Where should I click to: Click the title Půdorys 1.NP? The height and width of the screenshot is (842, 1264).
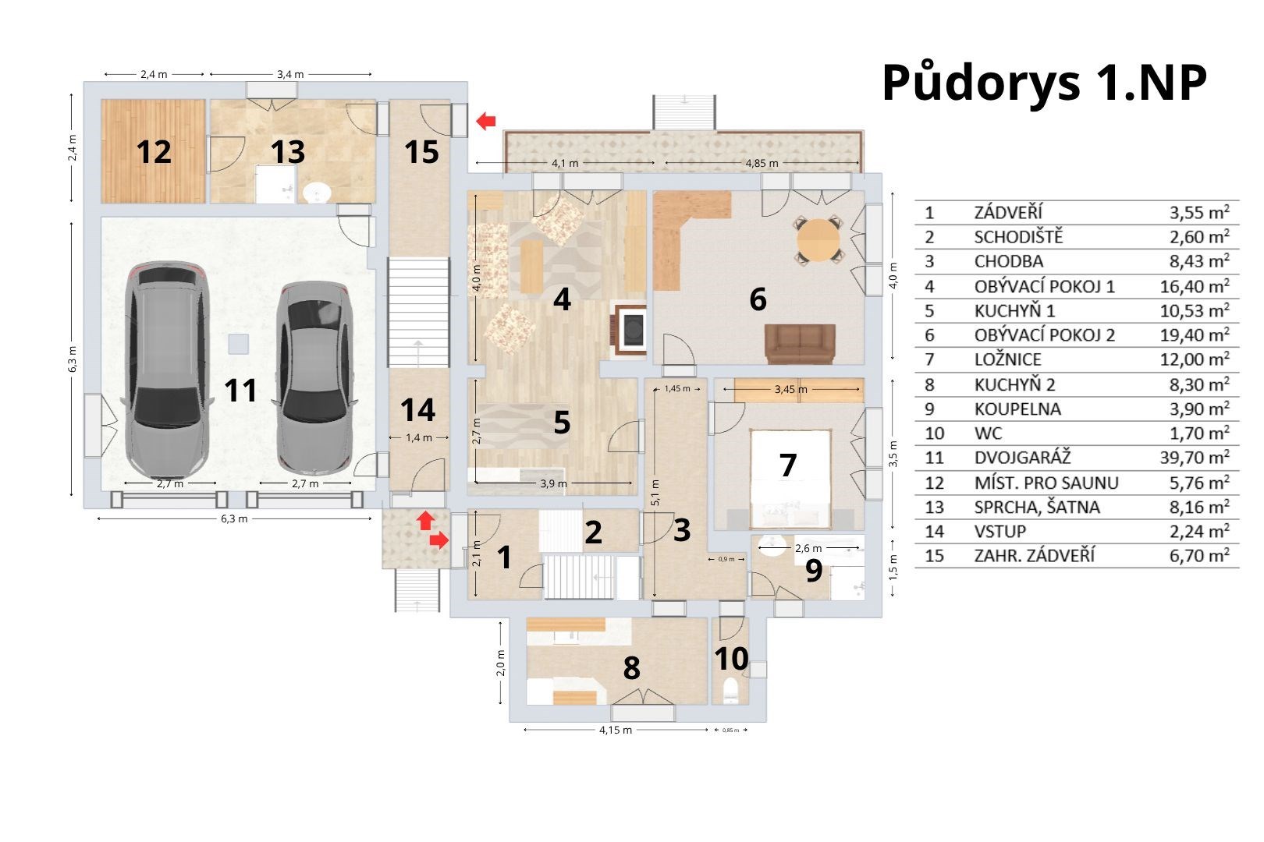pyautogui.click(x=1044, y=83)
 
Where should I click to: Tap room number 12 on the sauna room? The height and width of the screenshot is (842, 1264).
pyautogui.click(x=154, y=152)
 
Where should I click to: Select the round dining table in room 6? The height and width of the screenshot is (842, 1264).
pyautogui.click(x=818, y=239)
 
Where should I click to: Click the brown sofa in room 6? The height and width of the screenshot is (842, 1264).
pyautogui.click(x=800, y=344)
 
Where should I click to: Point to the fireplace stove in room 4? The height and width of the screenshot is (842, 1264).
pyautogui.click(x=630, y=328)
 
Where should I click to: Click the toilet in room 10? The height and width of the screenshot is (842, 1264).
pyautogui.click(x=731, y=690)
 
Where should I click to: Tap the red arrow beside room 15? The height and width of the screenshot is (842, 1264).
pyautogui.click(x=486, y=121)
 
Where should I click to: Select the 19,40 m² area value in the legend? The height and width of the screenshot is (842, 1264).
pyautogui.click(x=1195, y=335)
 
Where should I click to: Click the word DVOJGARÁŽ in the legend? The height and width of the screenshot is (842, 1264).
pyautogui.click(x=1022, y=458)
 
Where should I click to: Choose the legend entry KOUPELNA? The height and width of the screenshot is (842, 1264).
pyautogui.click(x=1017, y=409)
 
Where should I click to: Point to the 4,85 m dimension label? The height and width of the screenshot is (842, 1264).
pyautogui.click(x=762, y=164)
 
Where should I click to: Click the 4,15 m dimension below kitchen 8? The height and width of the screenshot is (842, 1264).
pyautogui.click(x=615, y=730)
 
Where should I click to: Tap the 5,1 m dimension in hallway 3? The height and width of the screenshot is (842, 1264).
pyautogui.click(x=655, y=493)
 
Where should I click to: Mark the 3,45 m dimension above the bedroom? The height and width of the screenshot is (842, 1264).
pyautogui.click(x=790, y=389)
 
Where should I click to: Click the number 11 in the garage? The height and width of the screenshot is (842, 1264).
pyautogui.click(x=241, y=390)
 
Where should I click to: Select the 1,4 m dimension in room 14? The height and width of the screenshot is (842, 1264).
pyautogui.click(x=419, y=437)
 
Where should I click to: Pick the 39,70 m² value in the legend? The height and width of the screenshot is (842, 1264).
pyautogui.click(x=1195, y=458)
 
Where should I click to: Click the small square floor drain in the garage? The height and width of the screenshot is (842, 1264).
pyautogui.click(x=239, y=344)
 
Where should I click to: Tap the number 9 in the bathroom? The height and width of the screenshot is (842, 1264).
pyautogui.click(x=814, y=570)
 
